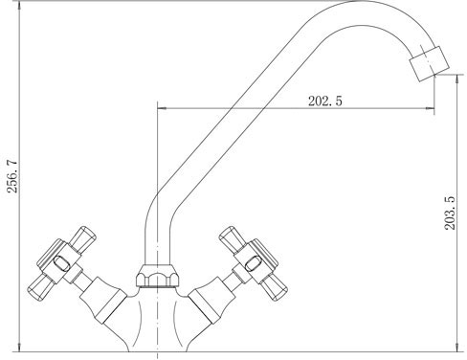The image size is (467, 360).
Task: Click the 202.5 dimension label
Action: click(x=324, y=101)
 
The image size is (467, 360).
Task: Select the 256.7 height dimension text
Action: click(x=12, y=176)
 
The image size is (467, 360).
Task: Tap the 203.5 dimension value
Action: click(x=450, y=213)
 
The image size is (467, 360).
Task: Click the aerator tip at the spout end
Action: click(x=430, y=64)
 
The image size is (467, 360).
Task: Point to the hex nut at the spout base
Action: click(x=158, y=276)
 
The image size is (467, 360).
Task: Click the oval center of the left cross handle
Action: click(x=61, y=262)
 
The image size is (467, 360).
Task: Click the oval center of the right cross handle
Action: click(x=254, y=262)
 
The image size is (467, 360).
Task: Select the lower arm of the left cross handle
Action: click(x=40, y=287)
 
